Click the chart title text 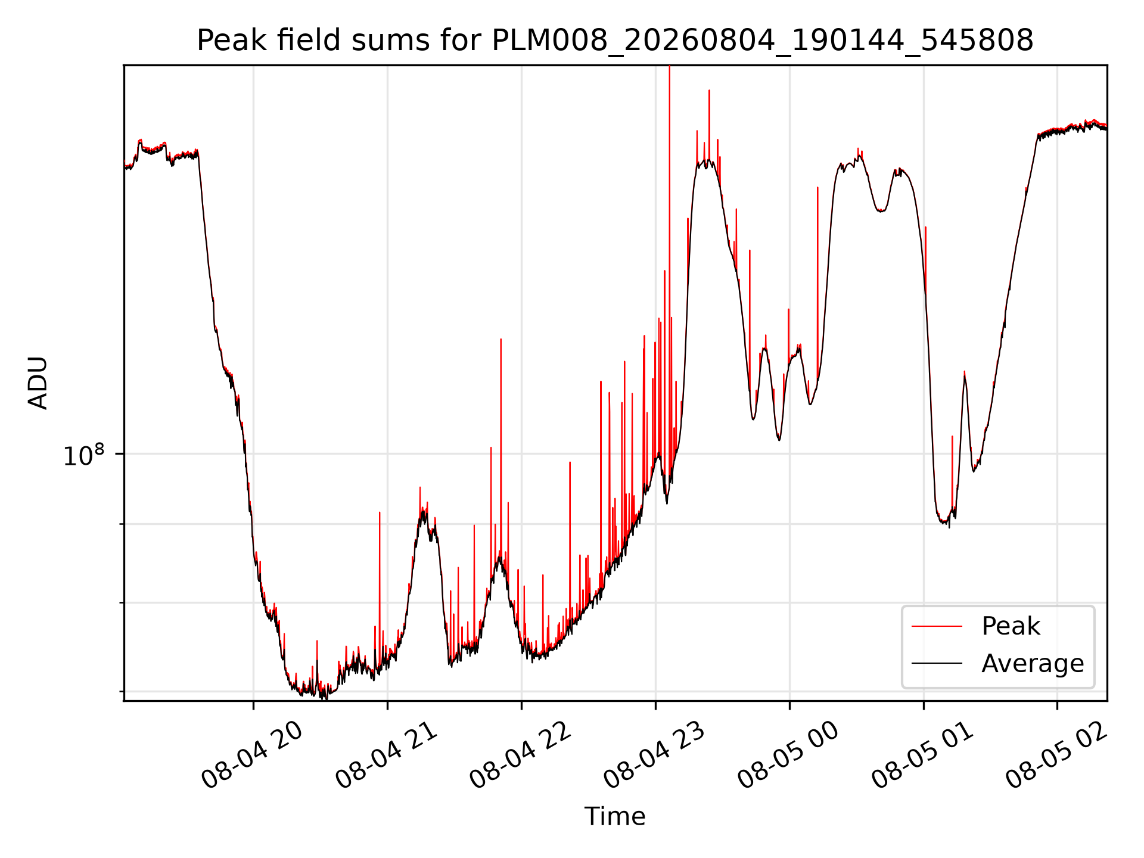coord(615,41)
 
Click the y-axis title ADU coord(38,383)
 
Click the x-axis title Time coord(615,816)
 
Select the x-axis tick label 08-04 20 coord(252,755)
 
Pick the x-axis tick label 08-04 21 coord(386,755)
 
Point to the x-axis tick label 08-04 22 coord(520,755)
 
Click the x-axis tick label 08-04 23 coord(654,755)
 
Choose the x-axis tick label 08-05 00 coord(788,755)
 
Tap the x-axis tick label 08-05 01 coord(922,755)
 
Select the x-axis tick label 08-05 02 coord(1056,755)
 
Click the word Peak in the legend coord(1011,626)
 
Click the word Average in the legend coord(1033,663)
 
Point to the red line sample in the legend coord(937,626)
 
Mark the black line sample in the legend coord(937,663)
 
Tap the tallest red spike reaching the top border coord(669,179)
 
